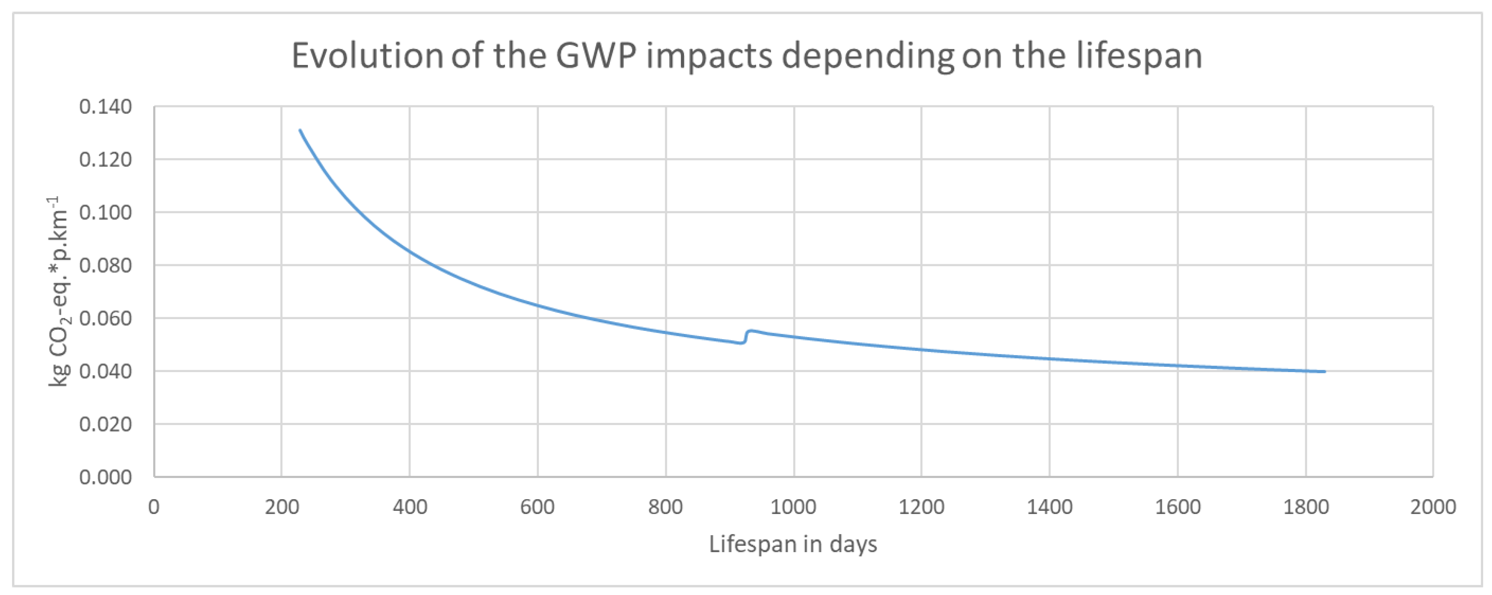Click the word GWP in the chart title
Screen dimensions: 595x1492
595,56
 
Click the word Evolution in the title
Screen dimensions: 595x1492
367,56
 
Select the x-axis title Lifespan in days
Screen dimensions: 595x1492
793,544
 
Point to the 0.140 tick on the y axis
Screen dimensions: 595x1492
105,107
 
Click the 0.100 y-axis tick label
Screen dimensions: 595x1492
105,212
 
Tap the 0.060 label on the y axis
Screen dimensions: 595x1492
105,318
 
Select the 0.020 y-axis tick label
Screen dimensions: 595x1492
105,424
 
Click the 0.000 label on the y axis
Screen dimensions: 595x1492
105,478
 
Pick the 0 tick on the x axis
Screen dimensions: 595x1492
154,507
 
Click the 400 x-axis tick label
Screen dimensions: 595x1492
409,507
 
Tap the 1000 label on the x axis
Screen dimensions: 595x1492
793,507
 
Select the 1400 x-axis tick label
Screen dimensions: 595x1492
1049,507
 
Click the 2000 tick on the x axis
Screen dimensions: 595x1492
1432,507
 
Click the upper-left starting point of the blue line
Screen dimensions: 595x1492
300,130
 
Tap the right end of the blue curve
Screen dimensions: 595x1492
1324,371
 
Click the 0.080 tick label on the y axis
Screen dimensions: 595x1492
105,265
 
